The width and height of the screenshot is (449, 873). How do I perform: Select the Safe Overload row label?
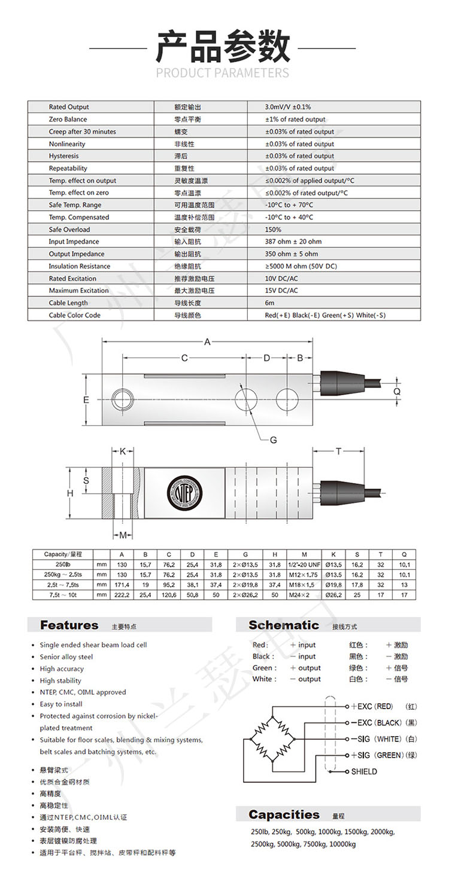pyautogui.click(x=69, y=230)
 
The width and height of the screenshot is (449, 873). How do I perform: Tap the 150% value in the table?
pyautogui.click(x=273, y=230)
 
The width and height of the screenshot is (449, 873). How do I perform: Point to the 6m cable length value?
pyautogui.click(x=269, y=303)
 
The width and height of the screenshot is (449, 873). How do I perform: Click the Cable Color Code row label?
pyautogui.click(x=75, y=315)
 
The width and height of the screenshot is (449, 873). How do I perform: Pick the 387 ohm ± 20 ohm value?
pyautogui.click(x=293, y=242)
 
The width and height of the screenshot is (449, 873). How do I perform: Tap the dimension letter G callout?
pyautogui.click(x=273, y=440)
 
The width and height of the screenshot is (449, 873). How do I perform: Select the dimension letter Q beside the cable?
pyautogui.click(x=396, y=390)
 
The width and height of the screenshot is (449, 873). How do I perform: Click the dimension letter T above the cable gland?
pyautogui.click(x=338, y=451)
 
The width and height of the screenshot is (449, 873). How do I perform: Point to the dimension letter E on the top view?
pyautogui.click(x=86, y=399)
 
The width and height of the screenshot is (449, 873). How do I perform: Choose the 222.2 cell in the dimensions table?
pyautogui.click(x=122, y=596)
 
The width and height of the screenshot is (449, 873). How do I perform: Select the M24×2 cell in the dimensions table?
pyautogui.click(x=304, y=596)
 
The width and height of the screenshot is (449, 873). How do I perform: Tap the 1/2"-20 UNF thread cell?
pyautogui.click(x=304, y=564)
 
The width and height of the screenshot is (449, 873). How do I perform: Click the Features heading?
pyautogui.click(x=69, y=625)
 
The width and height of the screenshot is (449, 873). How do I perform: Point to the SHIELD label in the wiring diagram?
pyautogui.click(x=364, y=771)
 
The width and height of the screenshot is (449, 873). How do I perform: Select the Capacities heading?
pyautogui.click(x=284, y=814)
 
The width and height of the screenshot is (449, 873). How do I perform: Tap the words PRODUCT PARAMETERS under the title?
pyautogui.click(x=223, y=73)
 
